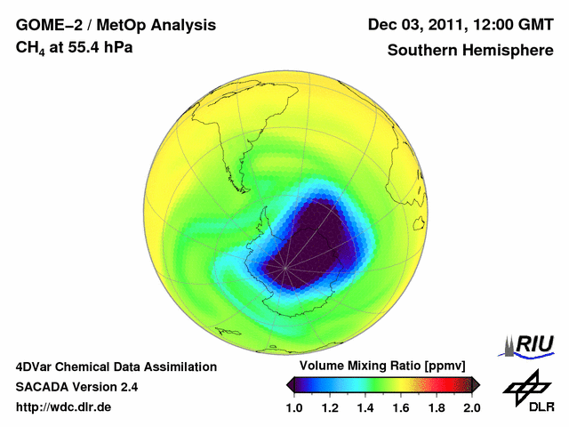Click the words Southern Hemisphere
pyautogui.click(x=469, y=50)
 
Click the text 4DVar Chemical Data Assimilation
pyautogui.click(x=116, y=367)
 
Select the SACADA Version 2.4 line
pyautogui.click(x=76, y=387)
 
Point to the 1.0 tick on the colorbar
pyautogui.click(x=296, y=407)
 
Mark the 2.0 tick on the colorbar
pyautogui.click(x=470, y=407)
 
